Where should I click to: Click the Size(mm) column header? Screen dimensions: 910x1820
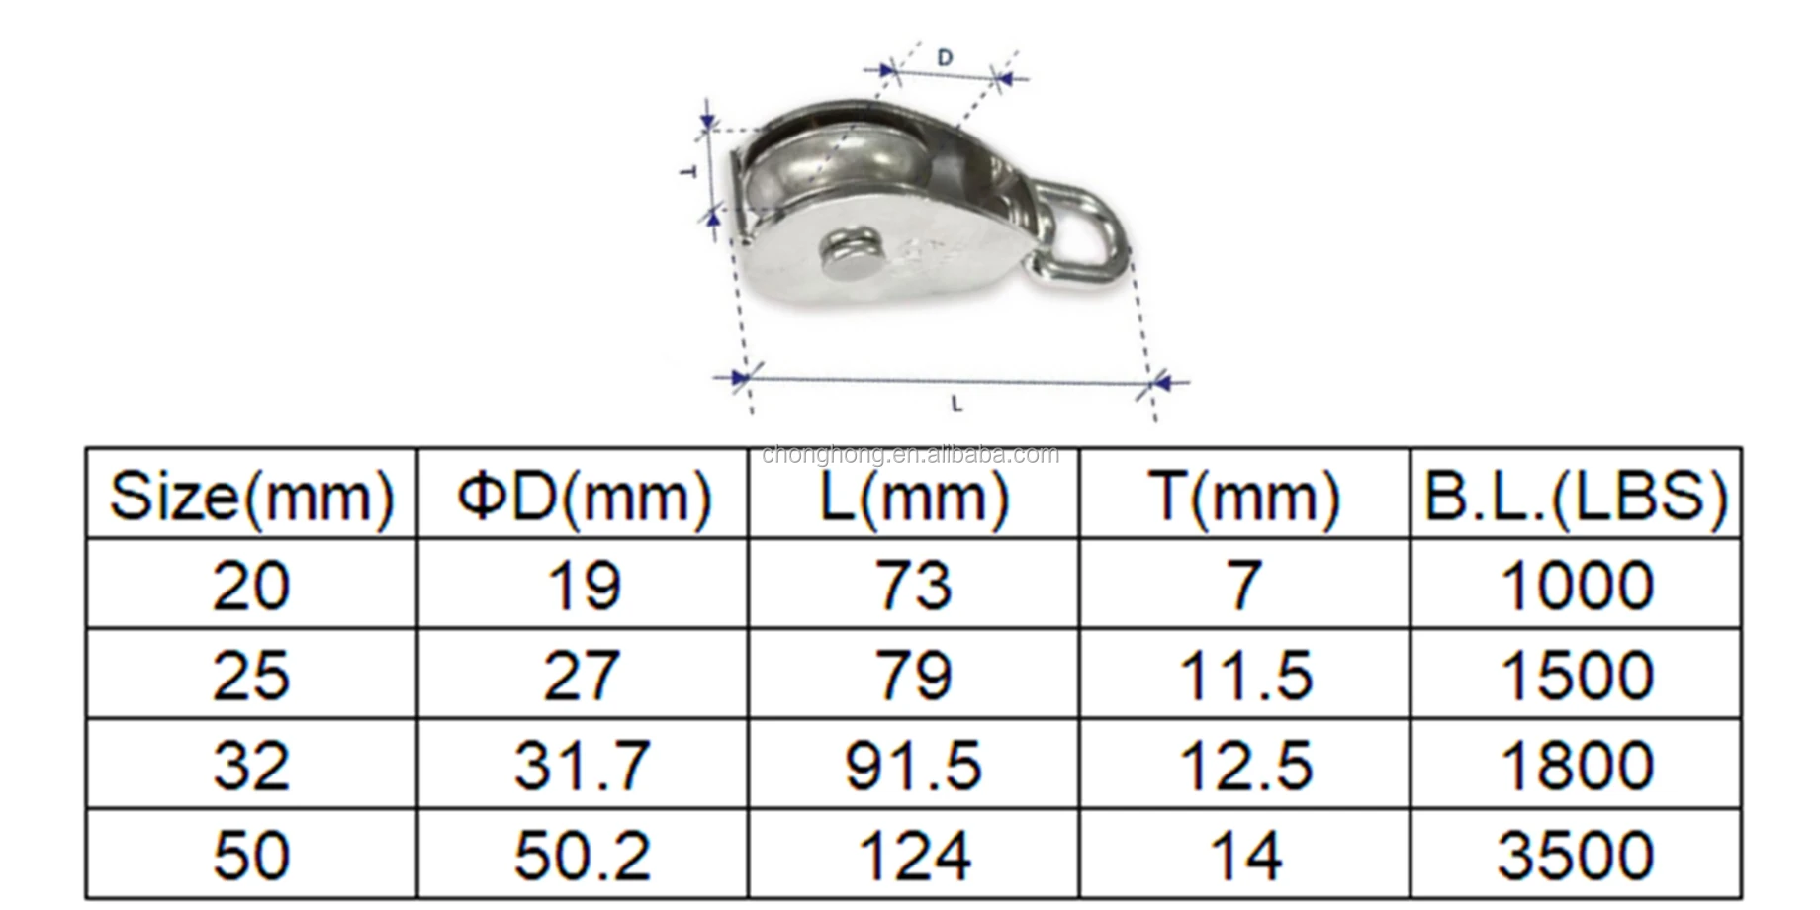[x=251, y=495]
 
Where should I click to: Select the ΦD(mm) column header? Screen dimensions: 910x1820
[x=584, y=495]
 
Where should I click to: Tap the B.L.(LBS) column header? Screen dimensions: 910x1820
[x=1576, y=495]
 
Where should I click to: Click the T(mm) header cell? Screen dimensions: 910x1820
[x=1244, y=495]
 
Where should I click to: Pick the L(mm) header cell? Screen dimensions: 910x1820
[x=914, y=495]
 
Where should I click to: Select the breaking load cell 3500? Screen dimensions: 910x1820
[x=1576, y=855]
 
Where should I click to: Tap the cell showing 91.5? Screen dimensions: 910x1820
[x=914, y=765]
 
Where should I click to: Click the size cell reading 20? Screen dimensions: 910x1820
[x=251, y=585]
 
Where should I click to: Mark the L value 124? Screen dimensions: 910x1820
[x=914, y=855]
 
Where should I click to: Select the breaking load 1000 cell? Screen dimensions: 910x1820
[x=1576, y=585]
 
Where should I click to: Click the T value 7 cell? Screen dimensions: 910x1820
[x=1244, y=585]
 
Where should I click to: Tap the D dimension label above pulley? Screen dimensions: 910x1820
[x=945, y=58]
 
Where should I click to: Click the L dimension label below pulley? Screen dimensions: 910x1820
[x=956, y=404]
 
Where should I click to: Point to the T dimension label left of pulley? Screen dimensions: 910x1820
[x=689, y=171]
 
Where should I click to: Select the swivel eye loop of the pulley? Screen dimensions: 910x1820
[x=1086, y=229]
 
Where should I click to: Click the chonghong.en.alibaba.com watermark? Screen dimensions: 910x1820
[x=910, y=455]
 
